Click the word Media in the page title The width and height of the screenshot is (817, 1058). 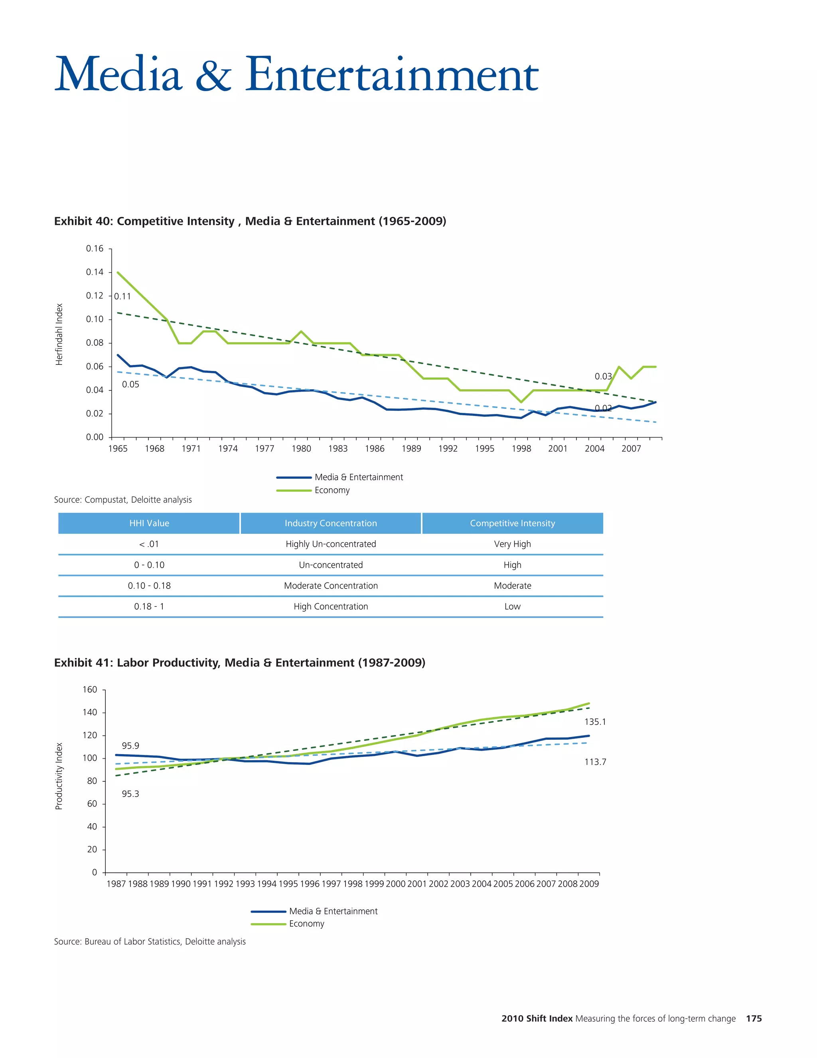coord(118,75)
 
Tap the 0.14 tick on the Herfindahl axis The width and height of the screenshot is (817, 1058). coord(95,272)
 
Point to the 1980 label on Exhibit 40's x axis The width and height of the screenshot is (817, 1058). coord(301,449)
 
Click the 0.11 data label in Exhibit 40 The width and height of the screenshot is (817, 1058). coord(122,297)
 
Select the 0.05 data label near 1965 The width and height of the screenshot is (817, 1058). coord(130,384)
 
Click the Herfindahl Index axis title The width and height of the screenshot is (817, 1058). coord(59,334)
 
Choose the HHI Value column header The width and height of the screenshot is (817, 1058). coord(149,523)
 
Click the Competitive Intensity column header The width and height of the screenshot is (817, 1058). coord(512,523)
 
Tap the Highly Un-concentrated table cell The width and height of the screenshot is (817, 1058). coord(331,544)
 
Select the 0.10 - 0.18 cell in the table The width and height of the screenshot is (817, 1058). coord(149,586)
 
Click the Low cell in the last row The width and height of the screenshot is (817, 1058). coord(512,606)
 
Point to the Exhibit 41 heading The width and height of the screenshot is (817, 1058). coord(240,663)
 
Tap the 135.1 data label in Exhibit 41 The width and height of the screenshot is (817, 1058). coord(595,722)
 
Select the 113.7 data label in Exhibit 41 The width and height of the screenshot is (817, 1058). coord(595,762)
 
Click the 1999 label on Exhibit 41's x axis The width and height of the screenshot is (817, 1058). coord(374,884)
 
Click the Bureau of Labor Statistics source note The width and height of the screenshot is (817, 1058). coord(150,941)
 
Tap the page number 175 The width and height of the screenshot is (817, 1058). coord(754,1018)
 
